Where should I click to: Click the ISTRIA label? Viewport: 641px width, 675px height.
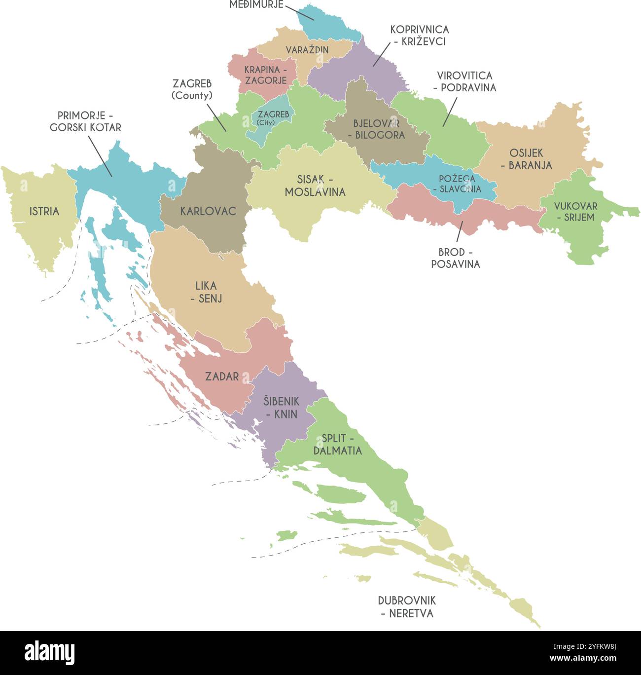coord(44,212)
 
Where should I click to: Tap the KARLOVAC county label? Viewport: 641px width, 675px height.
coord(208,212)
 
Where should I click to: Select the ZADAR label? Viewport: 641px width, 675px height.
coord(222,376)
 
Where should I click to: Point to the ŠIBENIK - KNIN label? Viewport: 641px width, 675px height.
coord(281,408)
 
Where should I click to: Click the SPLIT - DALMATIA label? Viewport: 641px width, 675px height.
coord(338,444)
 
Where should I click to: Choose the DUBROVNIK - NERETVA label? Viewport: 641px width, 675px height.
coord(407,607)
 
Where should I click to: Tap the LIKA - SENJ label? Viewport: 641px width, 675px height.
coord(206,292)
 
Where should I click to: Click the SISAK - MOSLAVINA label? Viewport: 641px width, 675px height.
coord(315,186)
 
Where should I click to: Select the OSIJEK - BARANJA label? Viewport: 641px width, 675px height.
coord(526,159)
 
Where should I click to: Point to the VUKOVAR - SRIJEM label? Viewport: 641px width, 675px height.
coord(575,211)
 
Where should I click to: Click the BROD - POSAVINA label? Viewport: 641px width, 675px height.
coord(455,258)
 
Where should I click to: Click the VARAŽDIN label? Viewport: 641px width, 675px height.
coord(307,50)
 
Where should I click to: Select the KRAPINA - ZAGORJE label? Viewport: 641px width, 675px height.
coord(265,75)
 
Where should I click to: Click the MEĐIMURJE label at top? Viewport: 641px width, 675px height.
coord(256,5)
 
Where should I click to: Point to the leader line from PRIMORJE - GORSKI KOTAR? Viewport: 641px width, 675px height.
coord(100,156)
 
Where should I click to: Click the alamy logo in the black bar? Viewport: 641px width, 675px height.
coord(50,653)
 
